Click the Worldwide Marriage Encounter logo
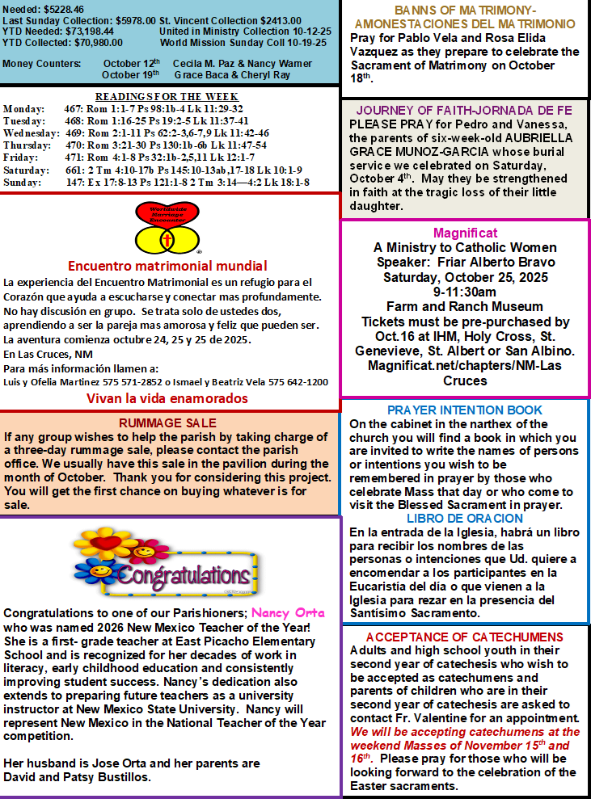(x=167, y=228)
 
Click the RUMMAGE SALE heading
(x=167, y=423)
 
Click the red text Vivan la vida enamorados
(x=167, y=398)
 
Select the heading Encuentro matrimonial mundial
(x=167, y=265)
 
